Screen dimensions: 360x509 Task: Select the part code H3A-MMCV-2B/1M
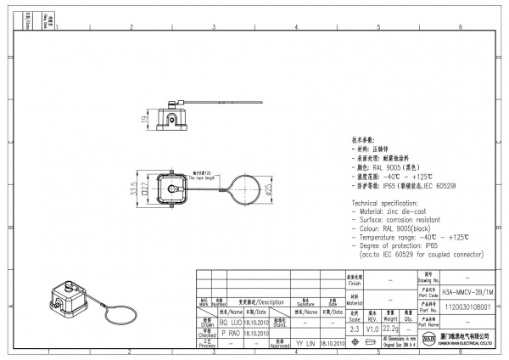coord(468,290)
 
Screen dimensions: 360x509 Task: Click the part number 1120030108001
coord(468,309)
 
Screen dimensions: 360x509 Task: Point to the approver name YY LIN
coord(305,344)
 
